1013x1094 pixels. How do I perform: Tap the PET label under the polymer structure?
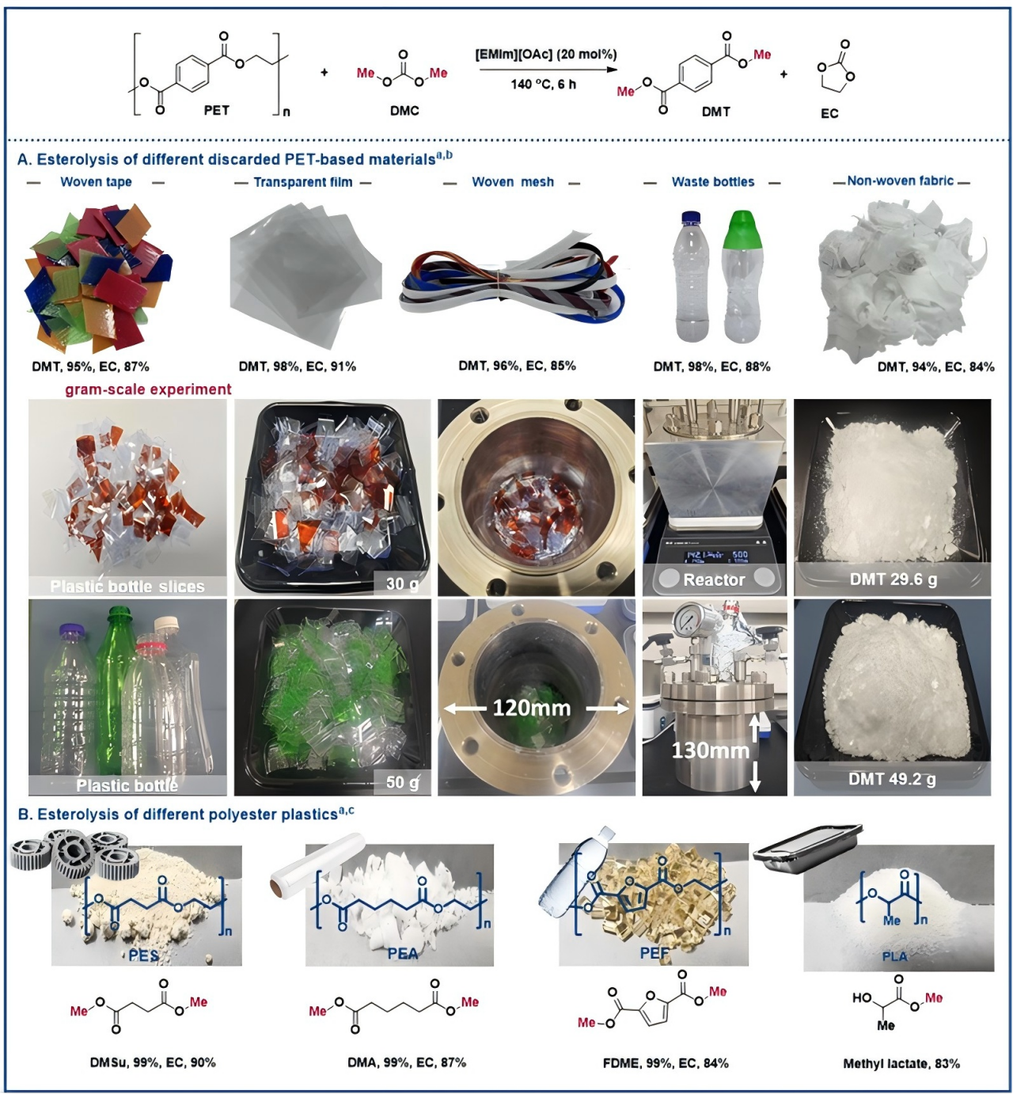pos(216,110)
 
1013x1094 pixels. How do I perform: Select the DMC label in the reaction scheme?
pos(404,111)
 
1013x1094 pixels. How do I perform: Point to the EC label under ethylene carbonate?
pos(829,113)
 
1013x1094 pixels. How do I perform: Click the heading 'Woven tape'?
pos(96,182)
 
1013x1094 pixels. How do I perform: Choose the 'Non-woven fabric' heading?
pos(900,180)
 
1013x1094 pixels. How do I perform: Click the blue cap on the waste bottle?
pos(692,218)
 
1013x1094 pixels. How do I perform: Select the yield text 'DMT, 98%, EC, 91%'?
pos(298,367)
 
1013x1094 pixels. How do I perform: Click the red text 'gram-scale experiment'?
pos(148,389)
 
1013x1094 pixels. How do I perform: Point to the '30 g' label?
pos(402,583)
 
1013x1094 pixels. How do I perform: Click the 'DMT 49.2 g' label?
pos(892,779)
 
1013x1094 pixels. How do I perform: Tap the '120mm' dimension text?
pos(531,708)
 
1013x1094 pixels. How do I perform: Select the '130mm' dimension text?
pos(709,750)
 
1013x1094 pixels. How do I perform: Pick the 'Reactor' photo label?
pos(714,579)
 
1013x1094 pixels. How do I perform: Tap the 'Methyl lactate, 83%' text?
pos(901,1063)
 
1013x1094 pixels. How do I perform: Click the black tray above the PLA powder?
pos(807,846)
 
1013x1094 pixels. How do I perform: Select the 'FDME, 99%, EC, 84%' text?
pos(666,1062)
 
